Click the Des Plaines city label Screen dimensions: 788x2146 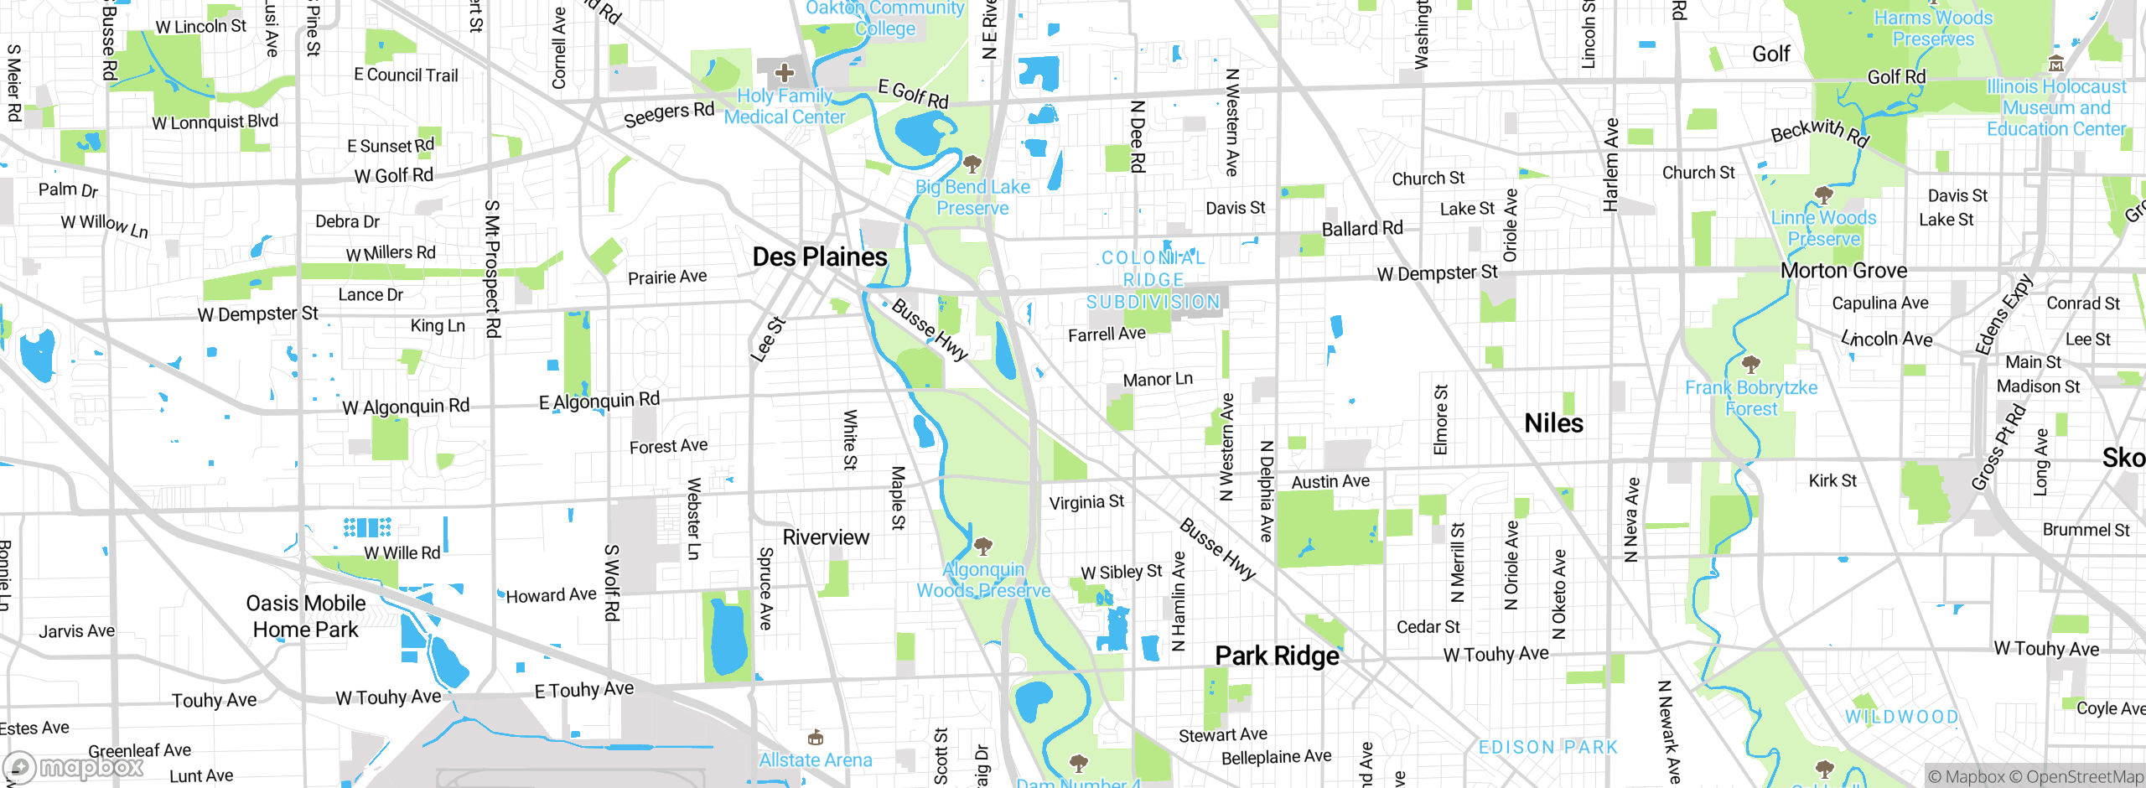pos(819,257)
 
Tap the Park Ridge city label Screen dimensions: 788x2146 pos(1277,656)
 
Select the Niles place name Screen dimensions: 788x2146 pos(1553,423)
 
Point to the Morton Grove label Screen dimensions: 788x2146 pos(1843,271)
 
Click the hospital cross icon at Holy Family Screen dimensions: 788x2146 pos(785,73)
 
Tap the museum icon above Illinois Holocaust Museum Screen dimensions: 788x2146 pos(2055,64)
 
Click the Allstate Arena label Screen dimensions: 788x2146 pos(815,760)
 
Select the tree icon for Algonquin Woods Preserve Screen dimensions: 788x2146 pos(983,547)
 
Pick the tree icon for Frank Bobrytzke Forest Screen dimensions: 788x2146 pos(1750,365)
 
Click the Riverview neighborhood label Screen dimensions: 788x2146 pos(826,537)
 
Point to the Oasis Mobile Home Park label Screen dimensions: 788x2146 pos(306,616)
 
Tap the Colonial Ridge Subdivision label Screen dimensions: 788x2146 pos(1153,280)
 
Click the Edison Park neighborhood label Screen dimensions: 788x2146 pos(1547,747)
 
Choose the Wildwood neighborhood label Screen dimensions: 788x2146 pos(1901,717)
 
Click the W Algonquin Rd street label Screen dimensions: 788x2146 pos(406,407)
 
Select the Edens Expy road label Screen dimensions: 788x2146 pos(2003,315)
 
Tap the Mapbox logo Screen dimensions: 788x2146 pos(74,766)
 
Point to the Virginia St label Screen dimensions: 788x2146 pos(1086,502)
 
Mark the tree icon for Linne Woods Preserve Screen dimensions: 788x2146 pos(1823,196)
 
